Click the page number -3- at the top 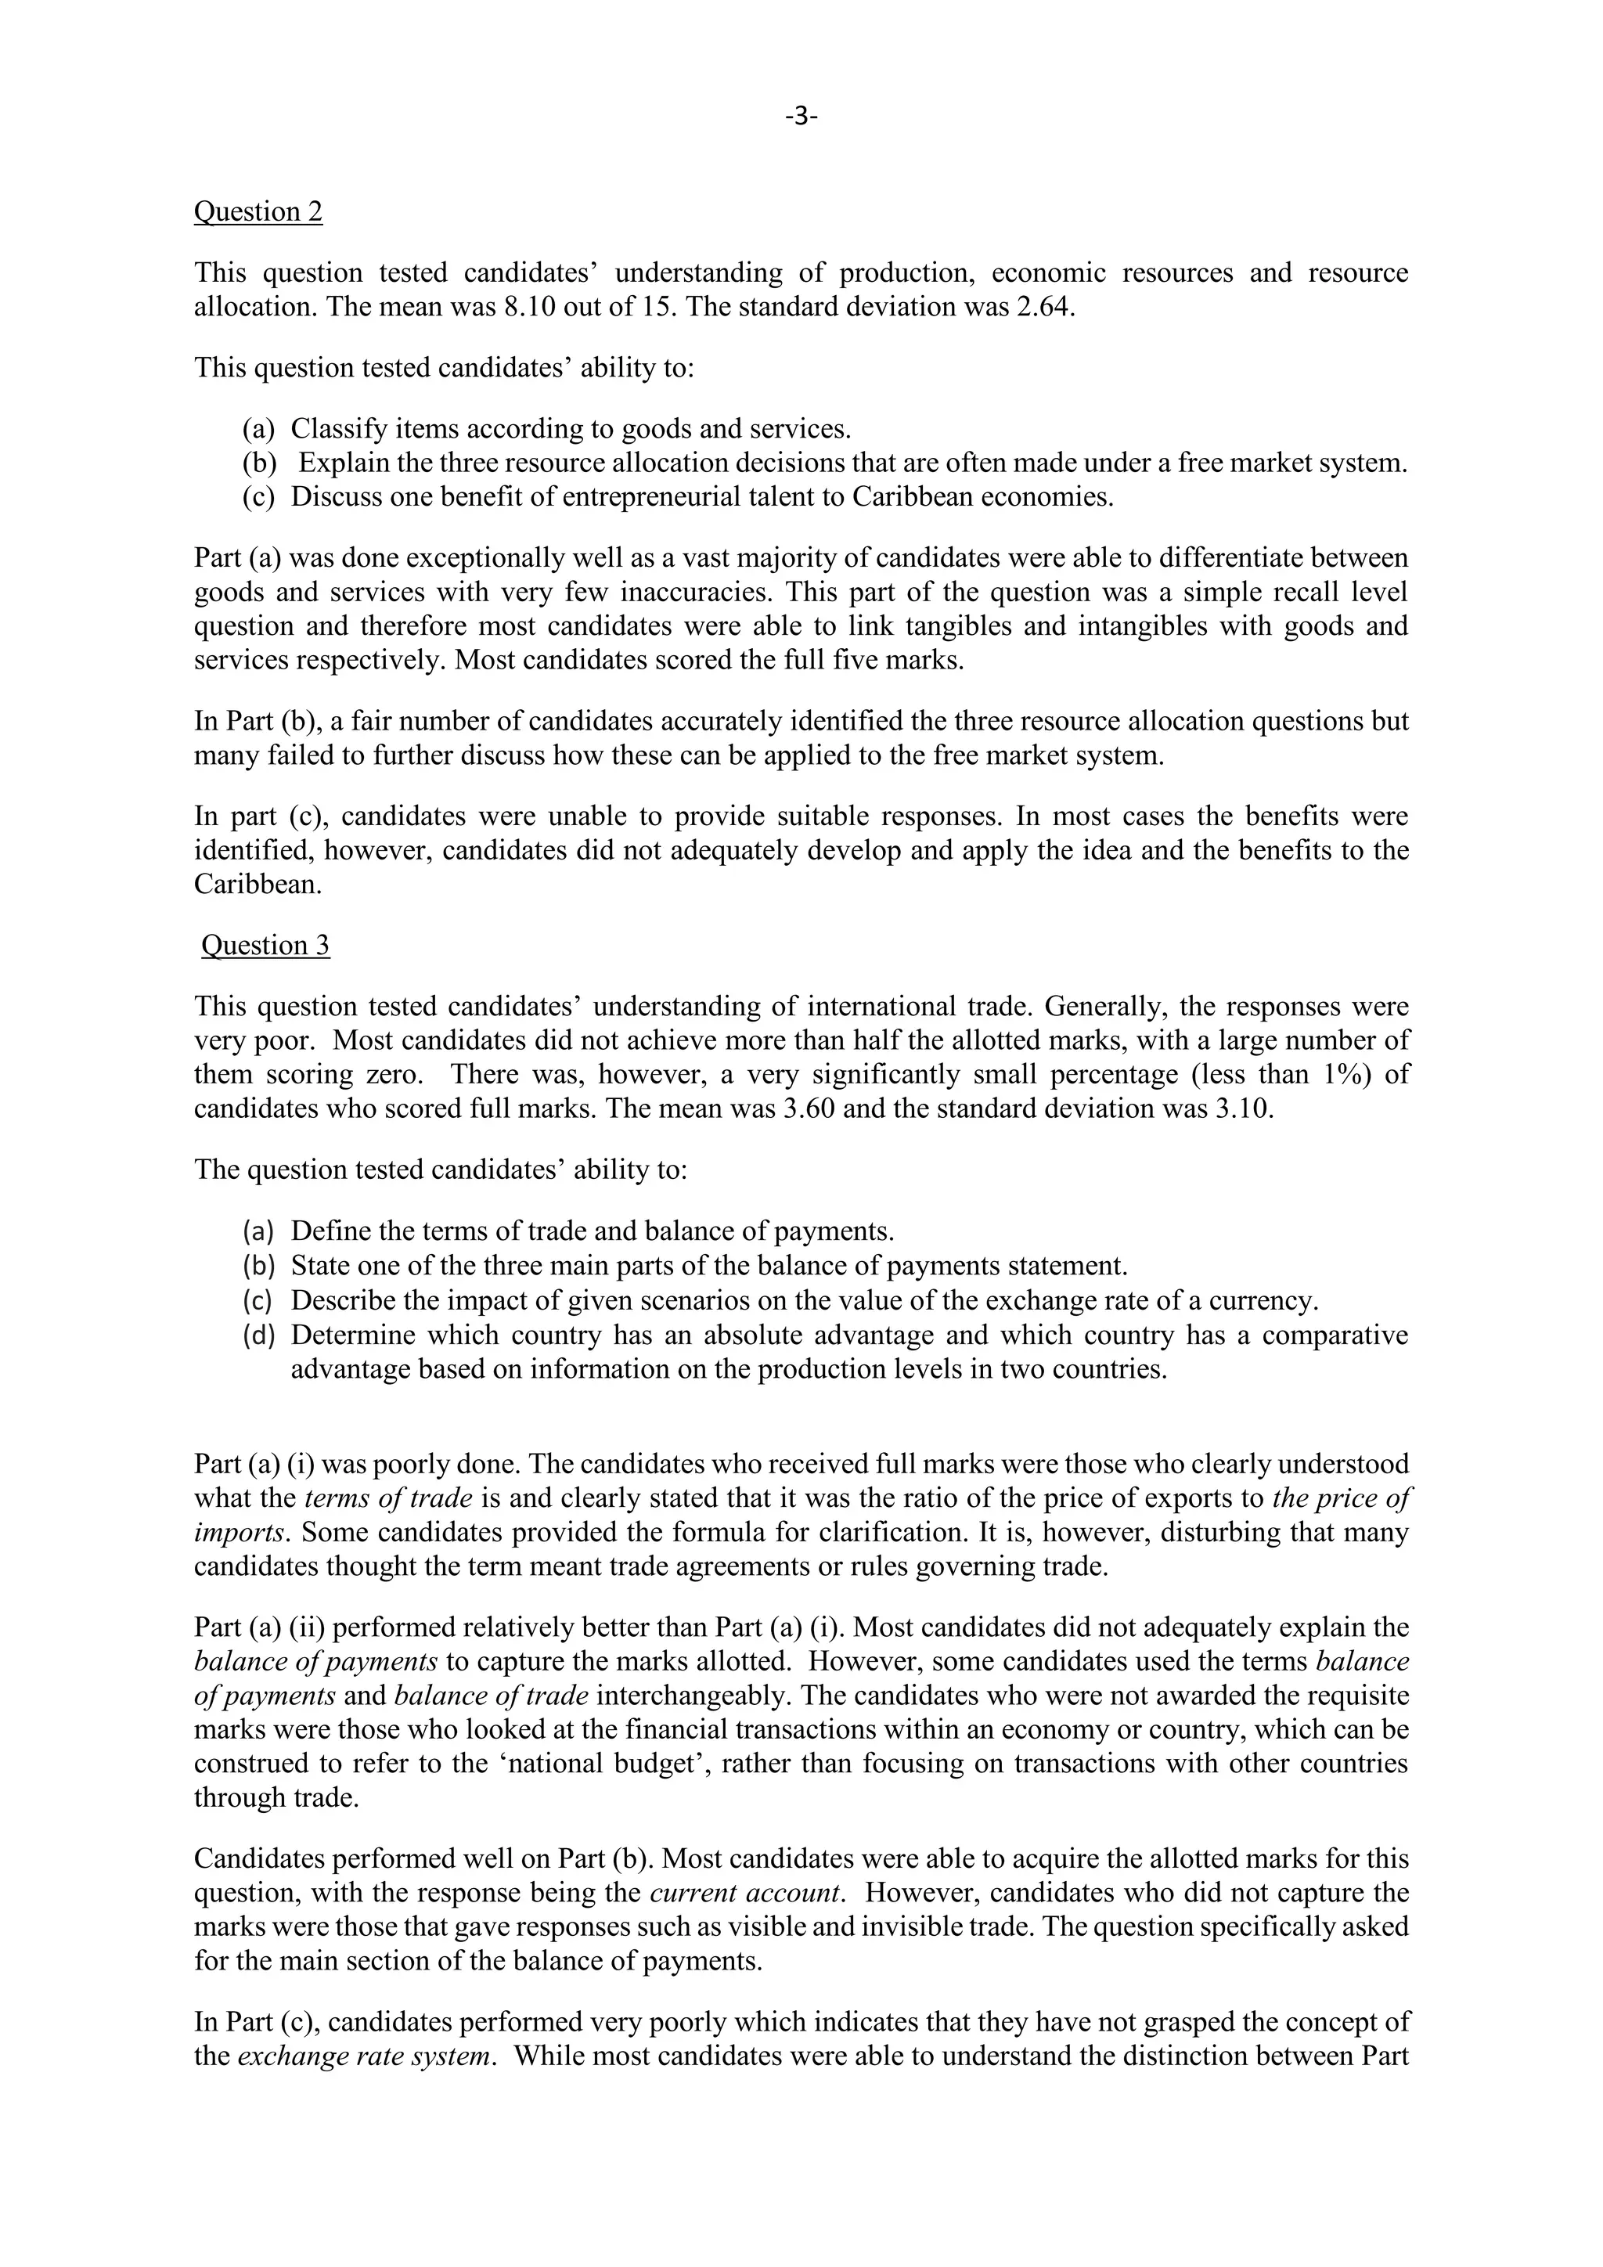click(801, 117)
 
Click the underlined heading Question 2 click(258, 211)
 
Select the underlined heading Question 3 click(265, 945)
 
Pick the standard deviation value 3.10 click(1240, 1108)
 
